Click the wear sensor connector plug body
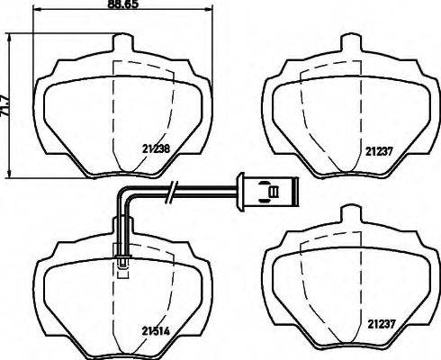tap(265, 190)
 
